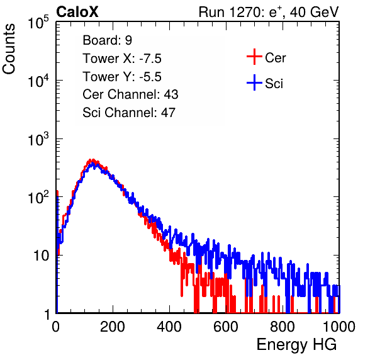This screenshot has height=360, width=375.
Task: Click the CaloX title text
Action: coord(77,12)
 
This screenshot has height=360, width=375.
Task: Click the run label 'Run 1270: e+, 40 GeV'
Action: coord(269,12)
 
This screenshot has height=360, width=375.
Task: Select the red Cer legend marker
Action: coord(254,57)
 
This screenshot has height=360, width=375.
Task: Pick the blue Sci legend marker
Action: coord(254,82)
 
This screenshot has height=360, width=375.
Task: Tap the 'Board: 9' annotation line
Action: coord(108,40)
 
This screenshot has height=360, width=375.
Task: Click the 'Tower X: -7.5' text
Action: coord(122,59)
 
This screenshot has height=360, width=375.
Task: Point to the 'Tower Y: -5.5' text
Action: coord(122,77)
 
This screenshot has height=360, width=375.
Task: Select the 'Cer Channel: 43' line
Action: coord(130,94)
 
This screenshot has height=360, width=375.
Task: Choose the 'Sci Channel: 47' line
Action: coord(129,113)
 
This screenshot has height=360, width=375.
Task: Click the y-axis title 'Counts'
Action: coord(9,49)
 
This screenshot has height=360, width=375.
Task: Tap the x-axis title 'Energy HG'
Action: coord(296,345)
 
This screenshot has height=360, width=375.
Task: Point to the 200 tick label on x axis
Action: coord(113,327)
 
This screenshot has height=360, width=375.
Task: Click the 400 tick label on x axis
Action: coord(169,327)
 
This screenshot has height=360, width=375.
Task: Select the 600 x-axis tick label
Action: coord(226,327)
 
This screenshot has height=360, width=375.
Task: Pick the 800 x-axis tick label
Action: coord(283,327)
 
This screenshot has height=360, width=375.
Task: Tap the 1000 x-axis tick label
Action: coord(339,327)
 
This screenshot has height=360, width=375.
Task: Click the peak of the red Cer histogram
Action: coord(92,160)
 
